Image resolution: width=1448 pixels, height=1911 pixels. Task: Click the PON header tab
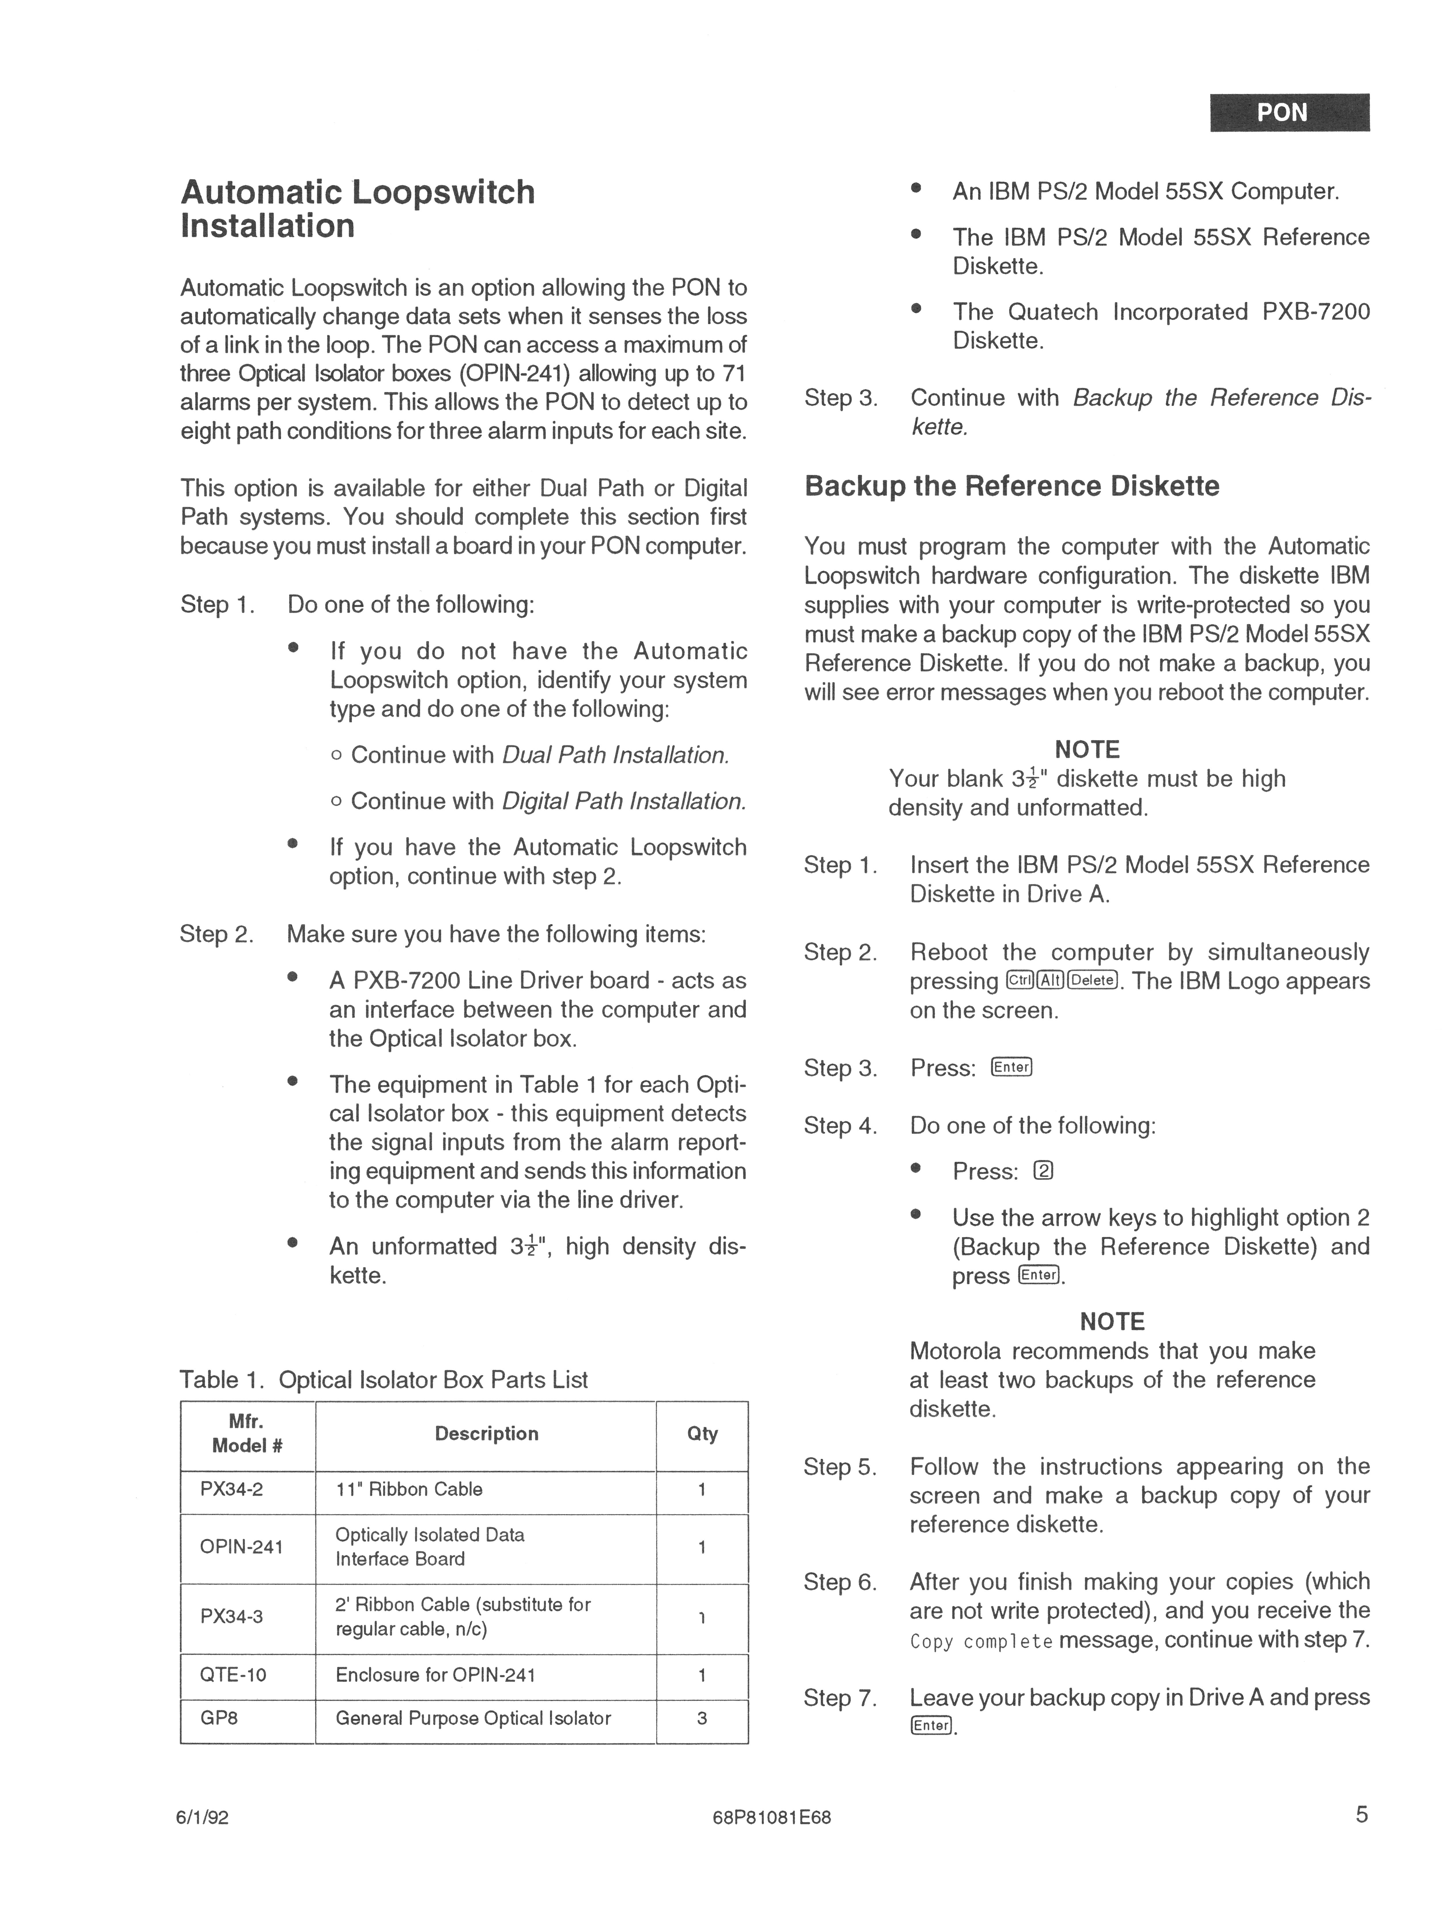click(1289, 112)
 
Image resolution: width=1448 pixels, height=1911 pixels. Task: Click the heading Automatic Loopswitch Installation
click(358, 209)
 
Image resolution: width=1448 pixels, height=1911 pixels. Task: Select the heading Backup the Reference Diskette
click(1012, 486)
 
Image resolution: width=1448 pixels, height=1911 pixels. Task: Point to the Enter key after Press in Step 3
click(1012, 1068)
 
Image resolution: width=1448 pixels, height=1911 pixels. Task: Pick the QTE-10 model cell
click(233, 1674)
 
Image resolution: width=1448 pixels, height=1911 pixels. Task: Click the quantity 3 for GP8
click(702, 1718)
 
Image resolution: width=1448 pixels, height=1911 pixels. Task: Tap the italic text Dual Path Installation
click(615, 755)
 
